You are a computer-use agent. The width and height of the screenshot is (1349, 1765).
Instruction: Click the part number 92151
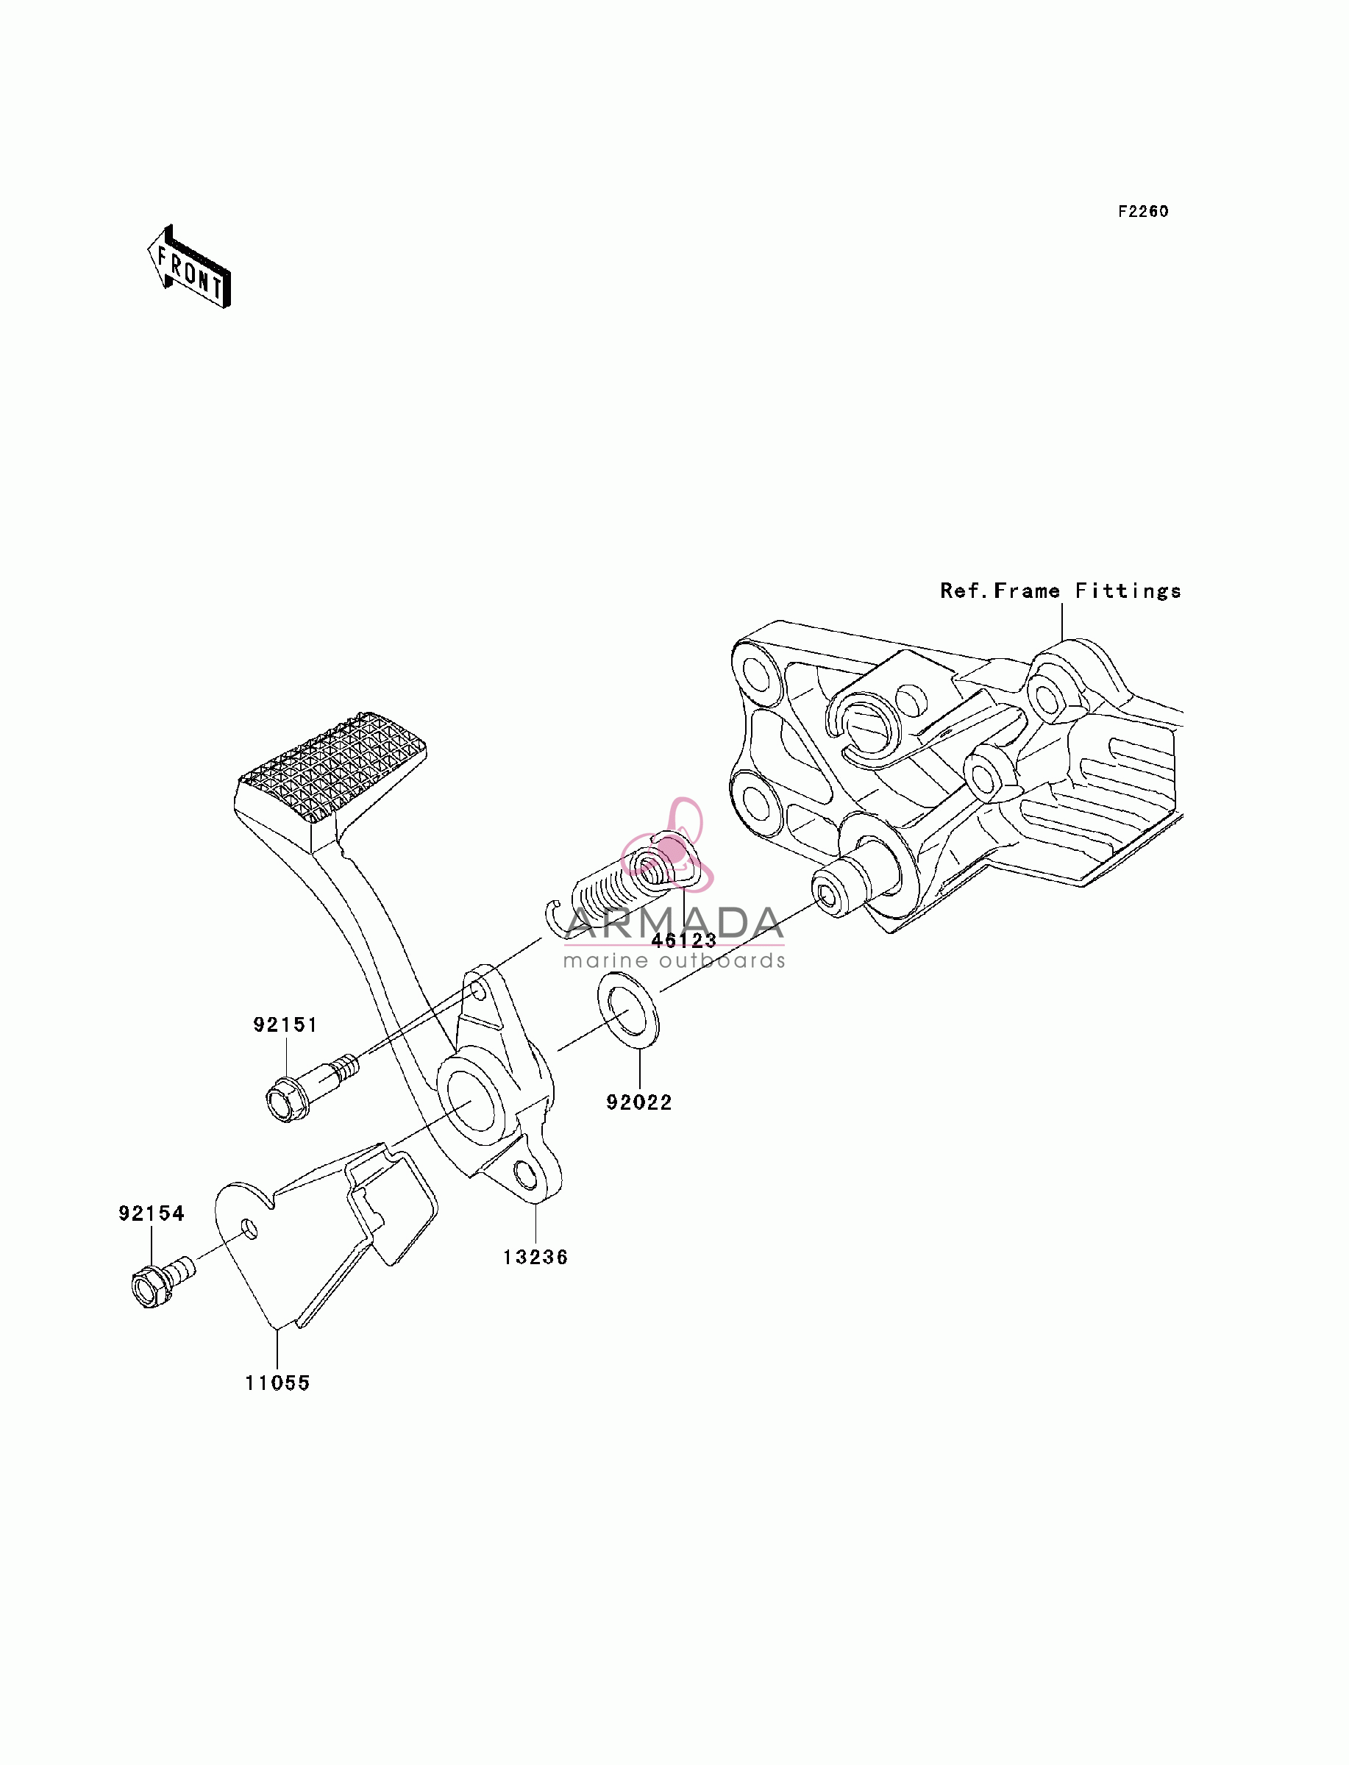coord(285,1025)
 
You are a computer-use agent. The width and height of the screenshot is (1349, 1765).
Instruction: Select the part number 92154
coord(151,1213)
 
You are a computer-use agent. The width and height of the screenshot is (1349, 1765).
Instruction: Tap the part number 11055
coord(277,1383)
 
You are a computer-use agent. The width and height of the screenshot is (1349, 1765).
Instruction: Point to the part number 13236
coord(535,1257)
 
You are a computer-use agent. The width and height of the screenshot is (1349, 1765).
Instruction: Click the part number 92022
coord(639,1102)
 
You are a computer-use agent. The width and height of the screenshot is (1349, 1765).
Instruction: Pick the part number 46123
coord(684,940)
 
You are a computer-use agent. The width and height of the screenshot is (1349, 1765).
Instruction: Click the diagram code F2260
coord(1144,211)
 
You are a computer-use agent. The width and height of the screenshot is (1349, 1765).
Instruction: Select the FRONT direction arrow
coord(190,267)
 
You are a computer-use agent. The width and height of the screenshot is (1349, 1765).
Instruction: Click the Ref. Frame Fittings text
coord(1061,591)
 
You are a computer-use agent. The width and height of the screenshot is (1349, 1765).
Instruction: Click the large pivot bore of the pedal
coord(470,1098)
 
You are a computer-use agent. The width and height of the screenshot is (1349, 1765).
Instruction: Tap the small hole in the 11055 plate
coord(250,1229)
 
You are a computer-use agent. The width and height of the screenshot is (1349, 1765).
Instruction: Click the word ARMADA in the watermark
coord(674,923)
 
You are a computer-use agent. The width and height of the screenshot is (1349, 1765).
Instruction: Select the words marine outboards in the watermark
coord(674,960)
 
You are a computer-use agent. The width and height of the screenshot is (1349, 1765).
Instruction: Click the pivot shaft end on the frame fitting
coord(829,893)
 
